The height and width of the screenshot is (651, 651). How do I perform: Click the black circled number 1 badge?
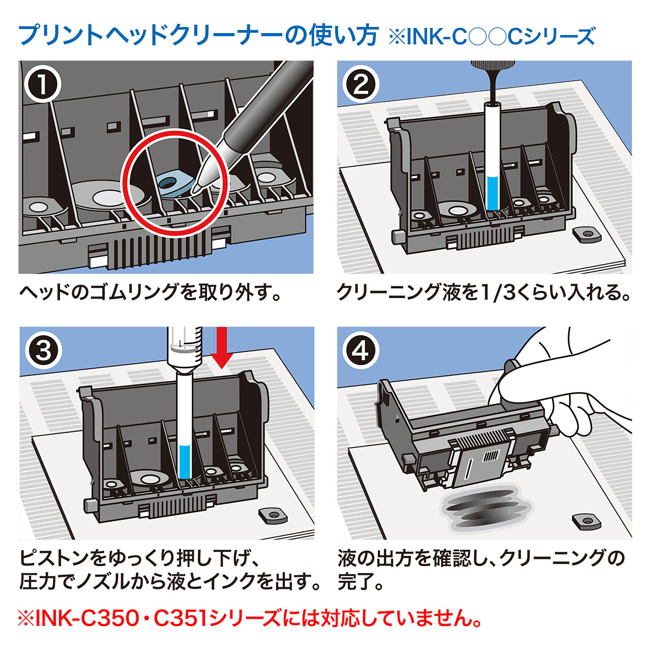[43, 84]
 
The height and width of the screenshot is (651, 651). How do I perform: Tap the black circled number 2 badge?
[361, 84]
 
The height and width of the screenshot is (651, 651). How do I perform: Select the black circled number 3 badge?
[43, 350]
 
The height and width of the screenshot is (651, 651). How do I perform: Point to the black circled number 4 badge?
[361, 350]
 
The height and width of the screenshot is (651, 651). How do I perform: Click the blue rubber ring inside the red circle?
[173, 183]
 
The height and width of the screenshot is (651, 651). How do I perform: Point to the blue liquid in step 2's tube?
[492, 192]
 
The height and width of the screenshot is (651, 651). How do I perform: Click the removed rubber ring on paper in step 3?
[271, 515]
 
